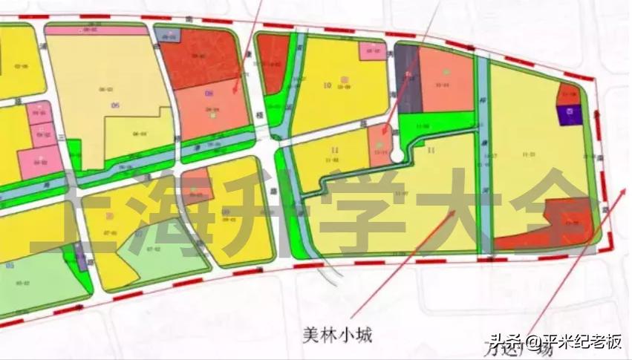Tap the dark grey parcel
[x=406, y=78]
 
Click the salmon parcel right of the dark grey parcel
[x=446, y=79]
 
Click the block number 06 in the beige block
[x=115, y=105]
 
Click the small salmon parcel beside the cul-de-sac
[x=379, y=145]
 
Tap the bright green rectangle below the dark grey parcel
[x=434, y=122]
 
